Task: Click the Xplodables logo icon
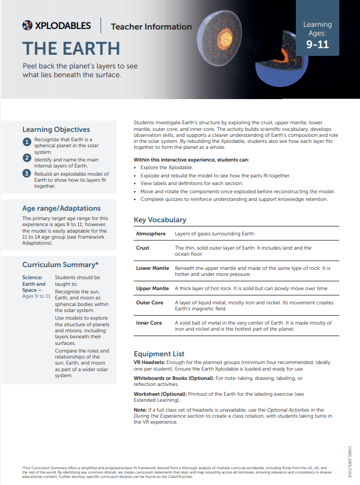(27, 25)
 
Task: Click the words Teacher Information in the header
(151, 26)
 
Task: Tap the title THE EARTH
(71, 48)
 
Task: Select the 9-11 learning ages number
(317, 44)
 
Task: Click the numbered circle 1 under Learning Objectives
(27, 142)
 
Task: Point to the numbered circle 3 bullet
(27, 174)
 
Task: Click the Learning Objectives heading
(56, 130)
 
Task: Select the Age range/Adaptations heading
(61, 209)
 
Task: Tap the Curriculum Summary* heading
(60, 265)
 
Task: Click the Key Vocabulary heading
(160, 220)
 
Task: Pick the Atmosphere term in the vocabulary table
(151, 234)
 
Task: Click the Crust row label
(142, 248)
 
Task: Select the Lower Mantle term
(152, 268)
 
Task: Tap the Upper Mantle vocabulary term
(152, 288)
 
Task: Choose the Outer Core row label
(150, 303)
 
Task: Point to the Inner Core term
(149, 323)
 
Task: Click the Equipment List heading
(159, 354)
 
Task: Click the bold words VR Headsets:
(152, 362)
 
